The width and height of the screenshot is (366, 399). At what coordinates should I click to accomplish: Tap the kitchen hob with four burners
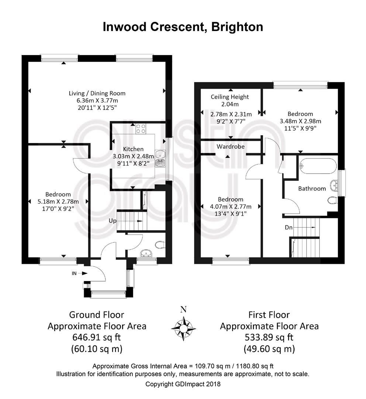click(141, 129)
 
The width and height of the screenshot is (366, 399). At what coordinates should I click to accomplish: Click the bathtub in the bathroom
click(318, 166)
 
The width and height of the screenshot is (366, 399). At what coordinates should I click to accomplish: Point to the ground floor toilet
click(160, 244)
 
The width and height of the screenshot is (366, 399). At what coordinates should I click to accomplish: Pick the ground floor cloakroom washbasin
click(146, 253)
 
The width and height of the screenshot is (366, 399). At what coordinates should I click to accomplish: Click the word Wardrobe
click(231, 147)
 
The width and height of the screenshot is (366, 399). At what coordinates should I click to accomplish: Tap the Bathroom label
click(312, 188)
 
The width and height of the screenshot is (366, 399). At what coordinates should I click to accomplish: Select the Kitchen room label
click(133, 149)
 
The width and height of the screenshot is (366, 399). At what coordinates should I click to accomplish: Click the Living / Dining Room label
click(97, 93)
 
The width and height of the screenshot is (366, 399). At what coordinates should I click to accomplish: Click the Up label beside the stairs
click(113, 221)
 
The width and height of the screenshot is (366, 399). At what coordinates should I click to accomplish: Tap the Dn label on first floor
click(289, 227)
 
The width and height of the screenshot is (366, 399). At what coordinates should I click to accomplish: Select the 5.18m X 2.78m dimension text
click(58, 202)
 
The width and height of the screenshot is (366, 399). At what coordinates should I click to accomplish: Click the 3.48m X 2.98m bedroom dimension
click(300, 121)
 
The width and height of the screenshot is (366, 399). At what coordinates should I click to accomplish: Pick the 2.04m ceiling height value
click(230, 104)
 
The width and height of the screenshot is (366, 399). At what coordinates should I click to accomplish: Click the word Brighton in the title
click(237, 27)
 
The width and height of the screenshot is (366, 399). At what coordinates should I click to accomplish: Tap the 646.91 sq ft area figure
click(97, 337)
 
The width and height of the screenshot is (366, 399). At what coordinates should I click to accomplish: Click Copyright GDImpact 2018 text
click(183, 384)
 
